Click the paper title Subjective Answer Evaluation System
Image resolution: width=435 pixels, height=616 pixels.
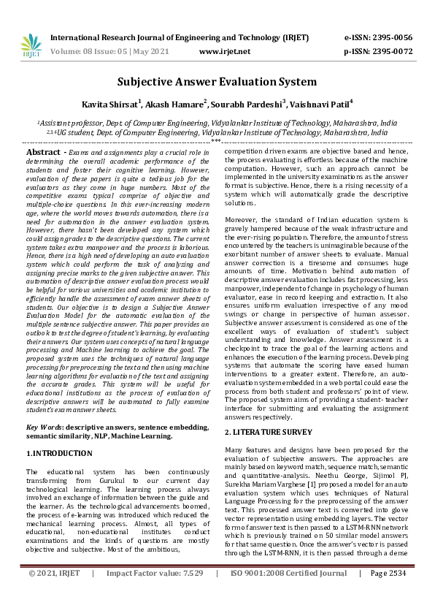point(217,82)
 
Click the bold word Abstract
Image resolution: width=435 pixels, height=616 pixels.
point(43,151)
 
